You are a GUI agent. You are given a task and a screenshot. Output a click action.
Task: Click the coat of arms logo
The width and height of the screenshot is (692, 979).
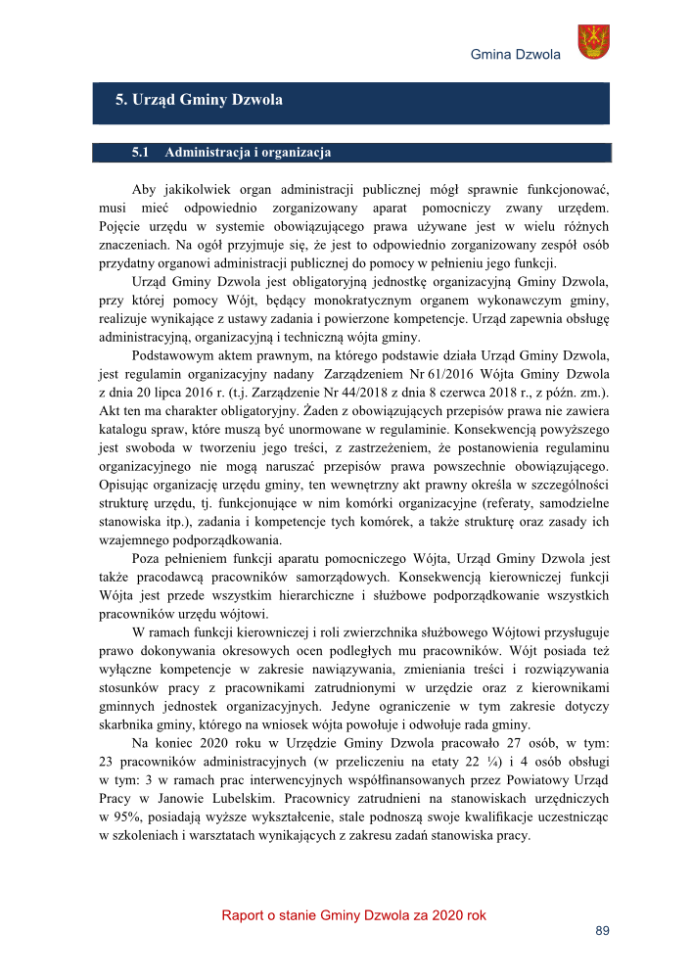click(592, 42)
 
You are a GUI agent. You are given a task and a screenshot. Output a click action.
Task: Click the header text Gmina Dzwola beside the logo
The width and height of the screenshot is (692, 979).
click(515, 54)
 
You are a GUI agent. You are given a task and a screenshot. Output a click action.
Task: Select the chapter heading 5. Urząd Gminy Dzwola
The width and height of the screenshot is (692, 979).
click(199, 100)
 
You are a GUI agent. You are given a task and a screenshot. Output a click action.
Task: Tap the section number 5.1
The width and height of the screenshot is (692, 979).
click(139, 153)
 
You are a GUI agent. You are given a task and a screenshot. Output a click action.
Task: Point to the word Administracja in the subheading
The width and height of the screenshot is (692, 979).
click(210, 153)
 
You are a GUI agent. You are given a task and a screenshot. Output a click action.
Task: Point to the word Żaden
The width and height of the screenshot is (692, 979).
click(316, 407)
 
